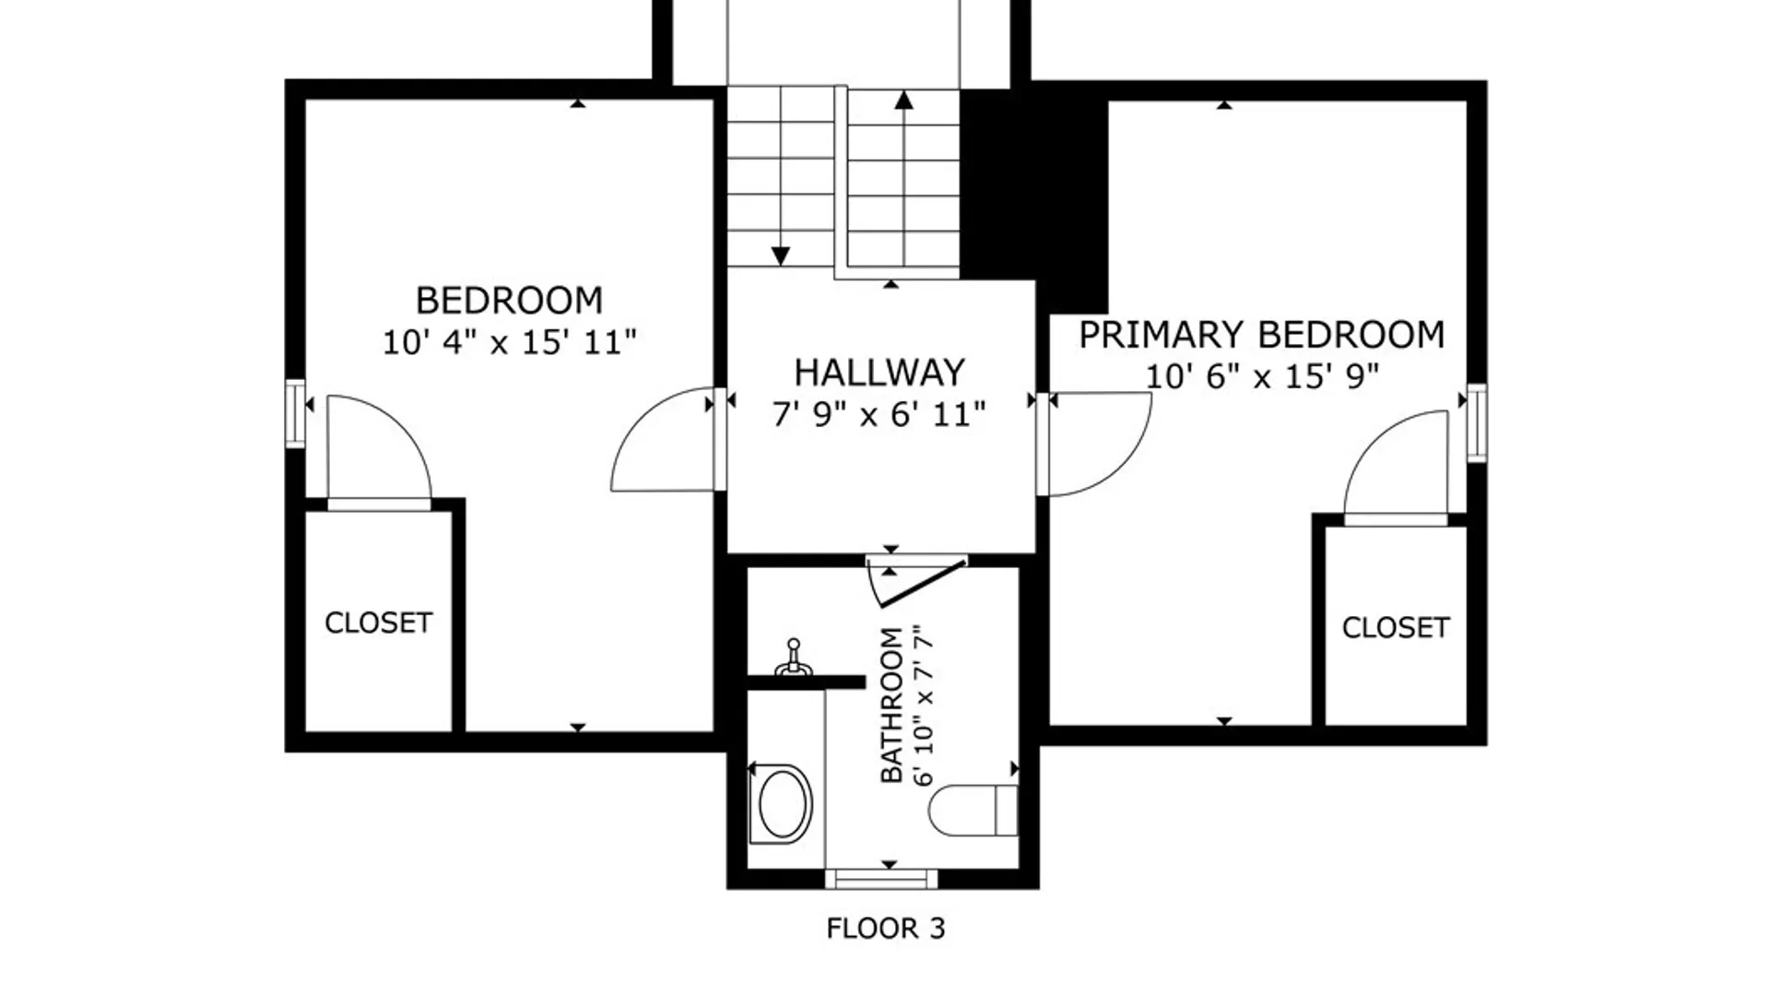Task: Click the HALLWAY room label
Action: coord(879,373)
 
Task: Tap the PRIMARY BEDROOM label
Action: coord(1262,335)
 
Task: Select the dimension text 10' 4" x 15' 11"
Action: coord(510,342)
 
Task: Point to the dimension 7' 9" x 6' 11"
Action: coord(879,414)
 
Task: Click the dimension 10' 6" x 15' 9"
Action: coord(1262,376)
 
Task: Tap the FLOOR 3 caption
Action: coord(886,929)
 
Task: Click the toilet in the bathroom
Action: coord(973,811)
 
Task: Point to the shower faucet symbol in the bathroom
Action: coord(792,658)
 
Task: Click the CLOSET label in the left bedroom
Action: coord(379,623)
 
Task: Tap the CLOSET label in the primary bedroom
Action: coord(1396,628)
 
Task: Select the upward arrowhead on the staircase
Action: coord(903,100)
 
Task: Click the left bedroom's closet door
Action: coord(379,452)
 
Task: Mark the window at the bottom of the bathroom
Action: coord(881,878)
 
